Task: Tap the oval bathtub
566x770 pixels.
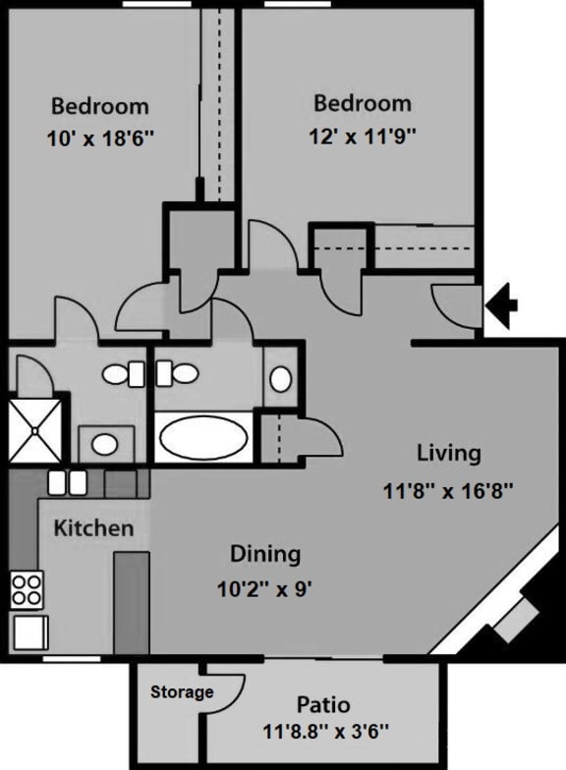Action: point(202,436)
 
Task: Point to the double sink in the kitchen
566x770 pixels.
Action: point(66,482)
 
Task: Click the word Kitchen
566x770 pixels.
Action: point(92,528)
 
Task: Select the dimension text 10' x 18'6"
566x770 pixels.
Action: point(100,138)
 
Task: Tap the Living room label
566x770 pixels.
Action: point(448,453)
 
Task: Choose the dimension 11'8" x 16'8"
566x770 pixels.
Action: point(448,489)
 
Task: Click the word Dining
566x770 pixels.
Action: point(264,554)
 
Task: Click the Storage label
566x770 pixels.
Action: point(182,692)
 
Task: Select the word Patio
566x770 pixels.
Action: point(325,704)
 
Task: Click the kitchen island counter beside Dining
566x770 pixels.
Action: point(132,601)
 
